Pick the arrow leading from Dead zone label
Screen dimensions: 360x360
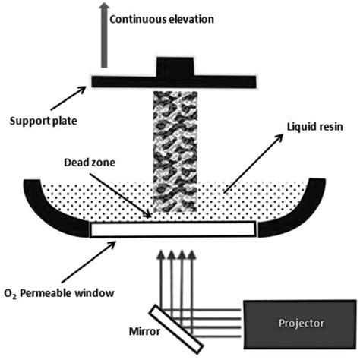[x=133, y=201]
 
